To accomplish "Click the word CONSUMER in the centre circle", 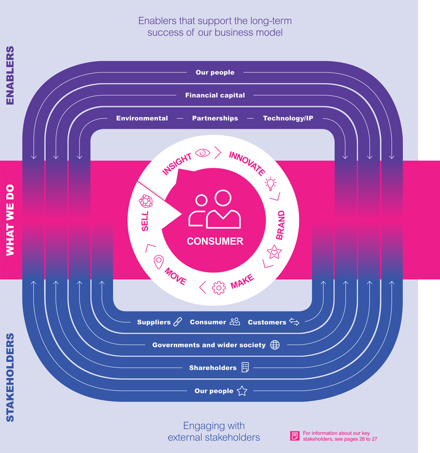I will coord(215,241).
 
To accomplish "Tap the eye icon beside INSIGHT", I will coord(203,152).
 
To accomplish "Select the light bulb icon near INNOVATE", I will coord(271,184).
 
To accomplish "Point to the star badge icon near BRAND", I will coord(274,251).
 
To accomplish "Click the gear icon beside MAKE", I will coord(218,288).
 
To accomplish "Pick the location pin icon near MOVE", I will coord(158,262).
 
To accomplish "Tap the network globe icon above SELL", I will coord(145,201).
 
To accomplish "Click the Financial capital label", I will coord(215,95).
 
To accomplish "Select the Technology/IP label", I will coord(288,118).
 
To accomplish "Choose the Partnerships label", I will coord(215,118).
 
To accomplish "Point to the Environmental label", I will coord(142,118).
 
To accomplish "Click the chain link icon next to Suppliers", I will coord(178,322).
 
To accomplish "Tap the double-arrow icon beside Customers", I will coord(294,322).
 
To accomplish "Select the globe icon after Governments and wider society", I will coord(275,345).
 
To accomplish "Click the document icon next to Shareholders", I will coord(245,368).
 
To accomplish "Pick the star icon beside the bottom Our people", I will coord(242,391).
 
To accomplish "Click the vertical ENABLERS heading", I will coord(10,75).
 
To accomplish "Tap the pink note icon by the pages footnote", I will coord(294,436).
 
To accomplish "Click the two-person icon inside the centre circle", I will coord(215,210).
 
